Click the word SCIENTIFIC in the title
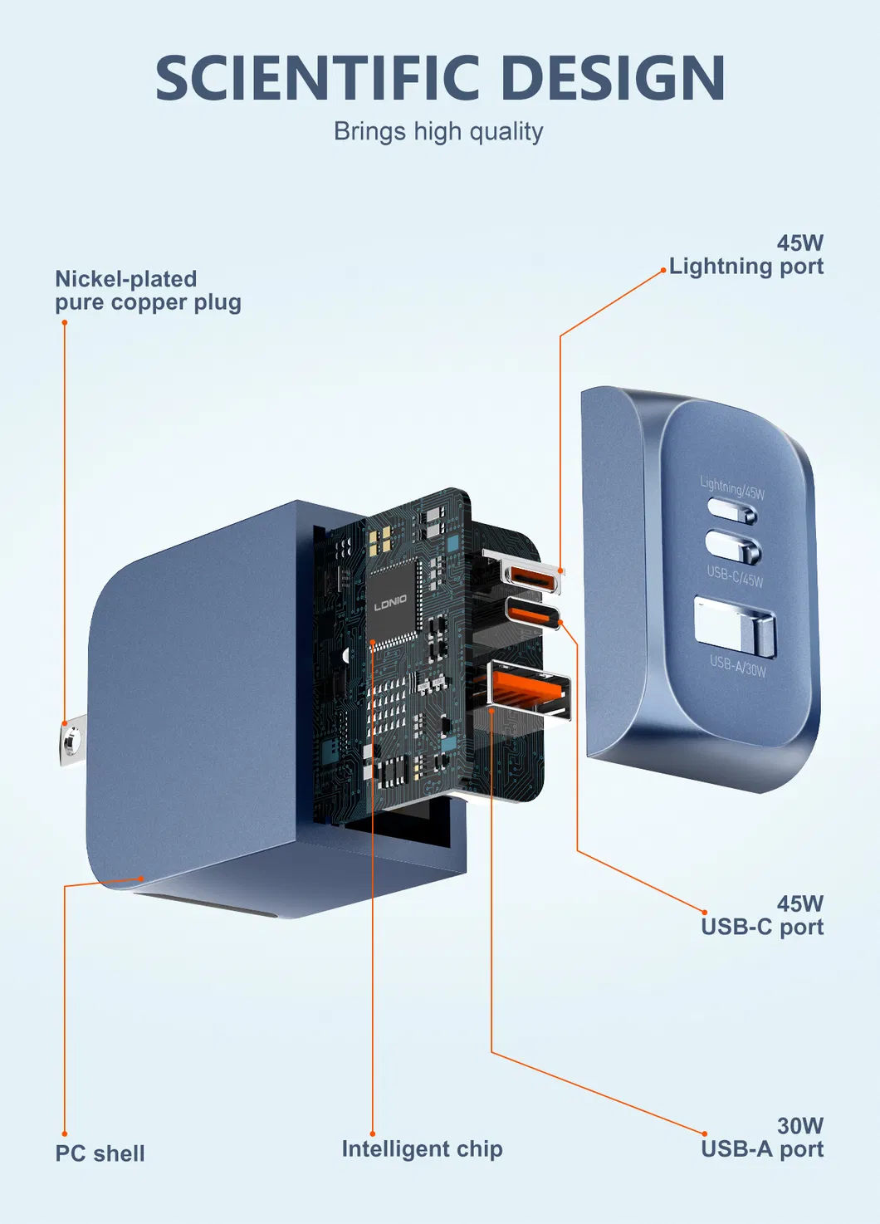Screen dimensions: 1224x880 318,78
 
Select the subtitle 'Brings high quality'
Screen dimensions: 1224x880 438,132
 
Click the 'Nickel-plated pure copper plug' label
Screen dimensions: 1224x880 148,291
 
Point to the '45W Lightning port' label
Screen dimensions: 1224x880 746,255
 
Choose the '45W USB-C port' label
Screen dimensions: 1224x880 762,915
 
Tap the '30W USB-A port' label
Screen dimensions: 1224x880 762,1138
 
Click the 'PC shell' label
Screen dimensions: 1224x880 100,1153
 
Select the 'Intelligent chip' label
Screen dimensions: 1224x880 422,1149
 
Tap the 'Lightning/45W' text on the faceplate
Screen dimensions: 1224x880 732,487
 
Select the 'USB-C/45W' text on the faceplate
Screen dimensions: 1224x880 735,575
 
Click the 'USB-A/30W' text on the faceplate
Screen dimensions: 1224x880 738,664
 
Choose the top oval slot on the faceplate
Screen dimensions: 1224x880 731,510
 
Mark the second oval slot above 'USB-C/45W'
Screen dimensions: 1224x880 732,546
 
